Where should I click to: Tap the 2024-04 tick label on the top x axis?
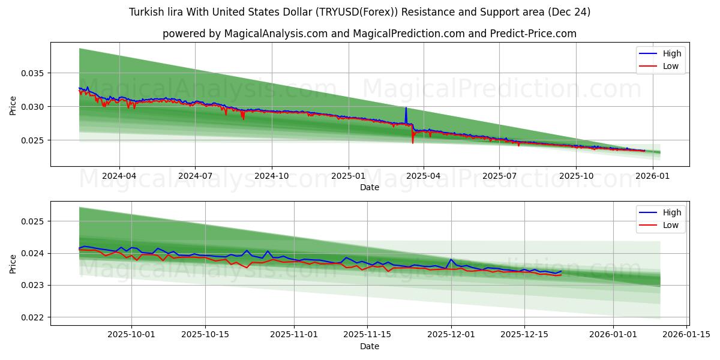point(119,176)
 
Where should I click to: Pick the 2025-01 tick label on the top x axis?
point(349,176)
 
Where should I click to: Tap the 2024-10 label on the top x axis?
point(272,176)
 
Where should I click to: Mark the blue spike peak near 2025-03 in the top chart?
point(406,108)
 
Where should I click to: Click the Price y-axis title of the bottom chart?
point(13,263)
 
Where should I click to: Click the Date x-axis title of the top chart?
point(370,187)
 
